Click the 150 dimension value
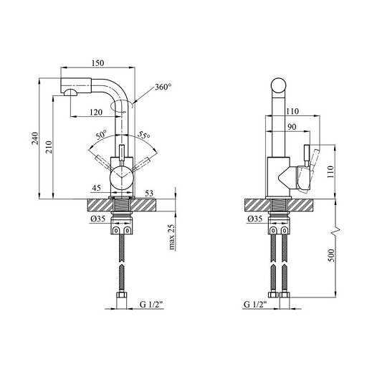(x=98, y=63)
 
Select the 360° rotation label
(x=163, y=87)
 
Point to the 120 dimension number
(x=96, y=112)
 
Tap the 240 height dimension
(x=35, y=138)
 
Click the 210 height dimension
(x=49, y=147)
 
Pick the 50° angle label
(x=101, y=135)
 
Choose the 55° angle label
(x=143, y=135)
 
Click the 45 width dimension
(x=96, y=188)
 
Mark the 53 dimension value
(x=149, y=193)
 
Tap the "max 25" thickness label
(x=172, y=237)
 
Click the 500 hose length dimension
(x=331, y=255)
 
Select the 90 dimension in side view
(x=292, y=127)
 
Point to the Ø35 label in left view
(x=97, y=219)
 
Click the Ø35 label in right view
(x=255, y=219)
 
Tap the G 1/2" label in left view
(x=151, y=305)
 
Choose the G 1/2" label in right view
(x=255, y=305)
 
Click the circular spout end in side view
(x=279, y=85)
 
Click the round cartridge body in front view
(x=121, y=178)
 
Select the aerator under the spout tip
(x=71, y=92)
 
